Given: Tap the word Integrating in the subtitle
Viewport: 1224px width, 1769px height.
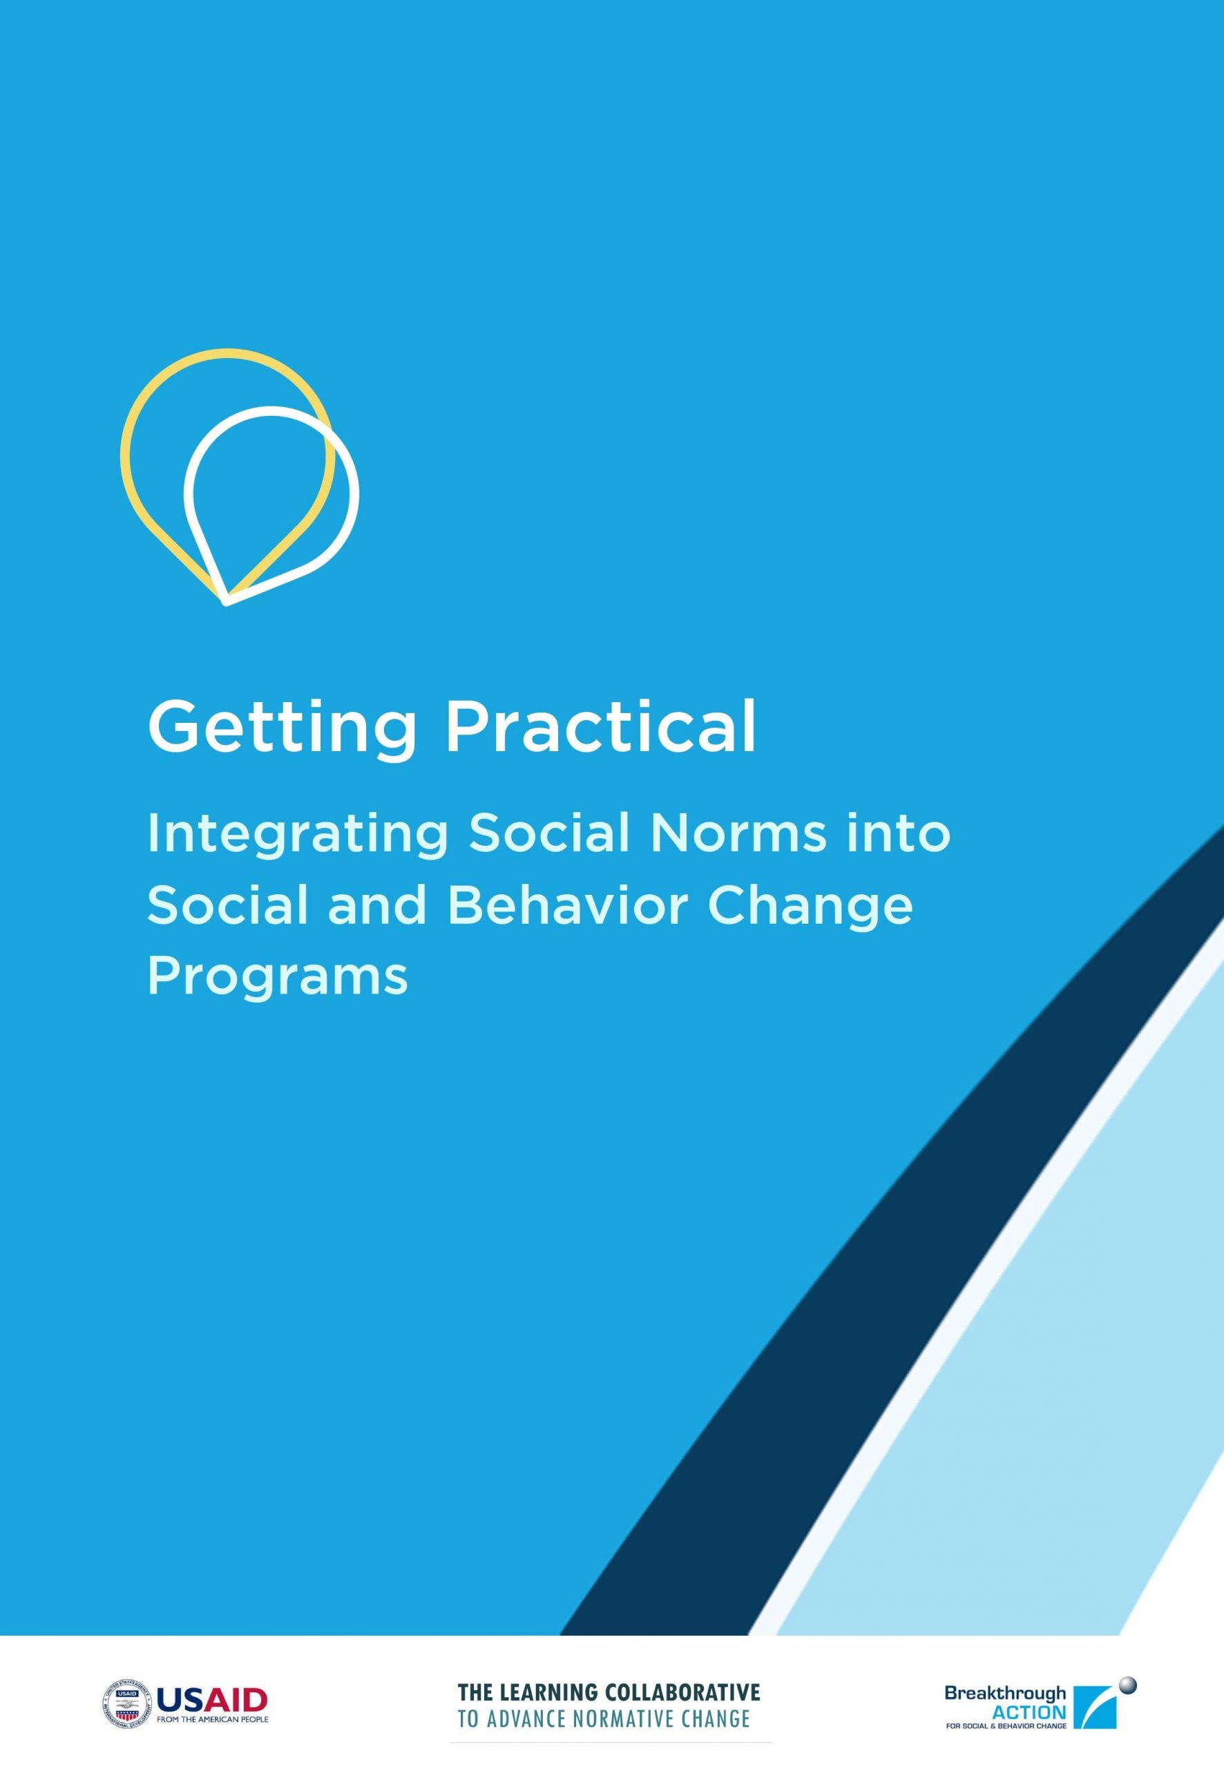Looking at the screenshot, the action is (x=298, y=836).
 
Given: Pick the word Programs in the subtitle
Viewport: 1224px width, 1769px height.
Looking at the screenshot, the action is (x=277, y=980).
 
